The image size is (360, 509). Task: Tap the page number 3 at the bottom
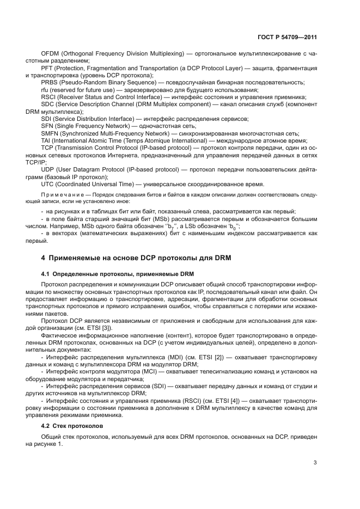click(x=315, y=463)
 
